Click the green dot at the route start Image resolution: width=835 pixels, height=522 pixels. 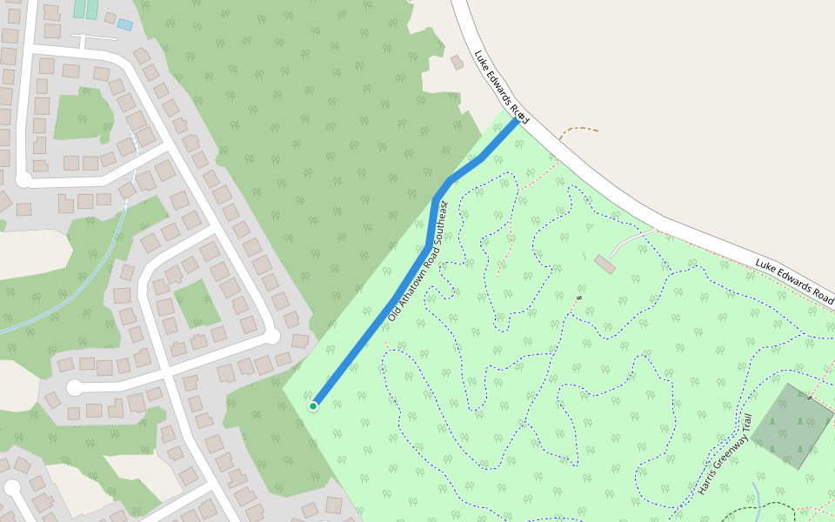(x=313, y=405)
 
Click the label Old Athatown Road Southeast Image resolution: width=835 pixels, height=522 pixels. (x=418, y=261)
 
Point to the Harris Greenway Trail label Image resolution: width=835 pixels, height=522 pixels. (x=724, y=454)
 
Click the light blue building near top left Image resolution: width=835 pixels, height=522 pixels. (x=125, y=24)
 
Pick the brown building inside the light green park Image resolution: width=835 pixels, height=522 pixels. (x=605, y=264)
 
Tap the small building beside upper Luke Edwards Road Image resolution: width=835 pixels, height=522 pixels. (x=458, y=62)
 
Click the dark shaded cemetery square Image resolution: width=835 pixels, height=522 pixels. (x=792, y=425)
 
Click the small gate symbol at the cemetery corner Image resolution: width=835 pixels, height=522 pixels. (x=809, y=398)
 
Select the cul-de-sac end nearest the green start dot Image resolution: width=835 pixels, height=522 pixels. (x=272, y=336)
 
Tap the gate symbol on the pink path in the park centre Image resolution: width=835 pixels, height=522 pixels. (x=578, y=298)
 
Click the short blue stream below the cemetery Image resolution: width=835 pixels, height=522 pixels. (x=758, y=498)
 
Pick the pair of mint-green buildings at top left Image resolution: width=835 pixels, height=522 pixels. (x=85, y=8)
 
